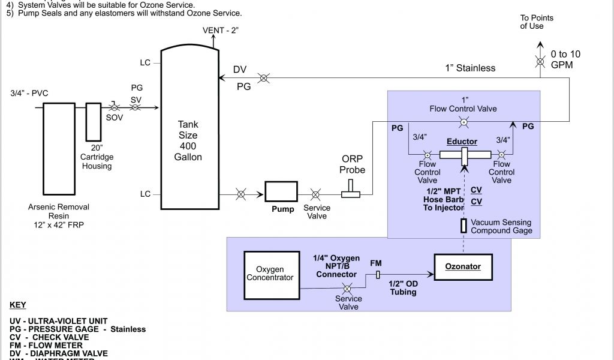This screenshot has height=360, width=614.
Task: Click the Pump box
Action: click(x=282, y=192)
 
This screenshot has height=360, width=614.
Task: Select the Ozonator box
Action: click(x=462, y=266)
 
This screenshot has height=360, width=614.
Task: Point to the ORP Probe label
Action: click(x=353, y=165)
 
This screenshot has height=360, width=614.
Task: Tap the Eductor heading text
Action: click(x=462, y=142)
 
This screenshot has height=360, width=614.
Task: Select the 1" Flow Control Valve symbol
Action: click(x=463, y=122)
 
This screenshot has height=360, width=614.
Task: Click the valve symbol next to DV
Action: click(x=263, y=78)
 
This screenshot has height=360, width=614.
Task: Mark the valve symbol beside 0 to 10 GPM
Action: click(x=540, y=62)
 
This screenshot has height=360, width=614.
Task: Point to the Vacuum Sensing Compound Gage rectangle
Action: click(x=463, y=226)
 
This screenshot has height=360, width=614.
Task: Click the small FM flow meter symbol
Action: click(x=377, y=274)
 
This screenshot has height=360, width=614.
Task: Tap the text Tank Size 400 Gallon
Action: click(x=188, y=141)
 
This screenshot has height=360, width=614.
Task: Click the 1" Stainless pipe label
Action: click(x=470, y=68)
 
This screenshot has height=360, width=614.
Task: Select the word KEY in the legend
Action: click(x=18, y=305)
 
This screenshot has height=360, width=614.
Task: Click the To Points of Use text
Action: click(x=537, y=22)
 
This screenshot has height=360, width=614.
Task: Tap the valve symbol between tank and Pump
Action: click(x=240, y=194)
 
